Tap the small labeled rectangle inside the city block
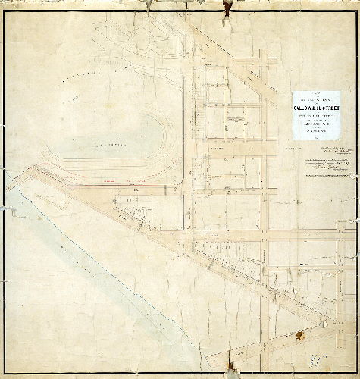(x=234, y=119)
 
